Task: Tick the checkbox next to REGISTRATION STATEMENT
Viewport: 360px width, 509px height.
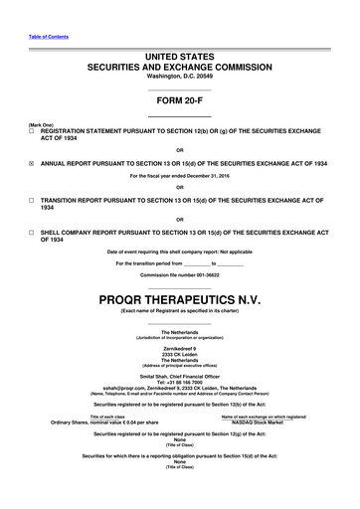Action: pyautogui.click(x=33, y=131)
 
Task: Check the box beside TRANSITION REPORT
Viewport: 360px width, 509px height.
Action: pyautogui.click(x=33, y=199)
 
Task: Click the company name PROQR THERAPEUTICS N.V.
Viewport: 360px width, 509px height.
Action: pyautogui.click(x=179, y=298)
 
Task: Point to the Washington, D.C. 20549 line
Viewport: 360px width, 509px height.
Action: pyautogui.click(x=180, y=76)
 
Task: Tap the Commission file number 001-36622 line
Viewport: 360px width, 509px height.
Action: pyautogui.click(x=179, y=273)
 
